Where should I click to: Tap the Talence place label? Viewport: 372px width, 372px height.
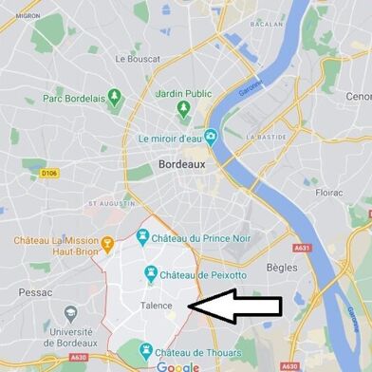coord(157,306)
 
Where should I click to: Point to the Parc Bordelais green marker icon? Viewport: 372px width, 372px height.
coord(116,97)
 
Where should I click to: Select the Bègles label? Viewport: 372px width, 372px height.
coord(282,268)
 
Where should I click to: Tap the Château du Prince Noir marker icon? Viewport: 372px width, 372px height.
coord(141,237)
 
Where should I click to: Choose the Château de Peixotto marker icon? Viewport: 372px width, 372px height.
coord(150,274)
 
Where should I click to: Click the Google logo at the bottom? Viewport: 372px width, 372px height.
coord(178,366)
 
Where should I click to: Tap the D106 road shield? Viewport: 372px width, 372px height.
coord(50,174)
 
